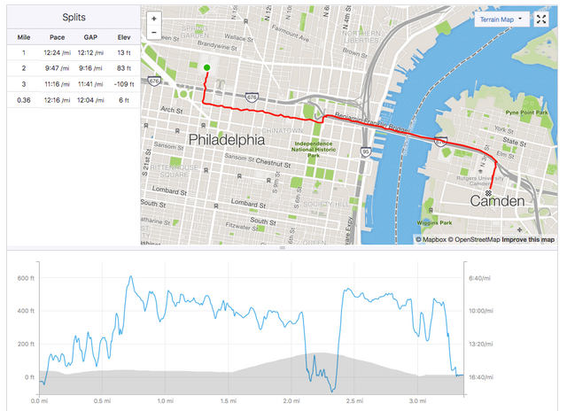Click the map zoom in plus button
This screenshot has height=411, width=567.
(154, 18)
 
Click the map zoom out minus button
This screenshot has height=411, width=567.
(154, 33)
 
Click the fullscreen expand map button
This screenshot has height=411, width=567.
(542, 19)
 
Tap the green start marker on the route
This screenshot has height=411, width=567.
(206, 67)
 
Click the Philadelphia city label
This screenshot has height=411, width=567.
(227, 140)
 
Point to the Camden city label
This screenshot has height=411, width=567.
(497, 203)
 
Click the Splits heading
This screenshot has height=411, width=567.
(74, 17)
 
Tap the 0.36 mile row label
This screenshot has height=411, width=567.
(25, 99)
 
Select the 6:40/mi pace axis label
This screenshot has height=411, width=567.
(479, 278)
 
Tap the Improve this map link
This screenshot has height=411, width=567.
(528, 239)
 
